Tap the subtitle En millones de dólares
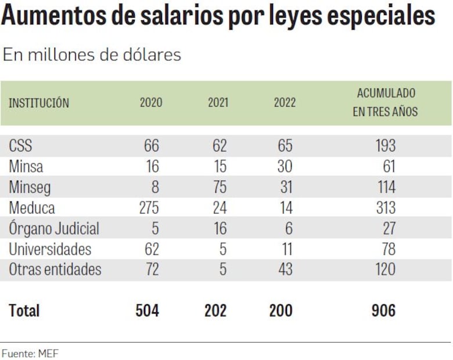coord(92,55)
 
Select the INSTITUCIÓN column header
coord(39,103)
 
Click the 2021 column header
coord(218,103)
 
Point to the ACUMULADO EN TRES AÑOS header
coord(385,102)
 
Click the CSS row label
coord(21,145)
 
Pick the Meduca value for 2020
coord(149,207)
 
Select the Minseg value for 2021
coord(220,187)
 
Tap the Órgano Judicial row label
coord(54,229)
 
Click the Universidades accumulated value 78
coord(389,249)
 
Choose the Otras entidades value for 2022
coord(285,269)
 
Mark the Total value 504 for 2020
coord(148,311)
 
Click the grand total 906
coord(383,311)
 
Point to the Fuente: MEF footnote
coord(30,352)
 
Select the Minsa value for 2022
coord(285,167)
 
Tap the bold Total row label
coord(24,311)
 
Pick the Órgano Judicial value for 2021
coord(220,228)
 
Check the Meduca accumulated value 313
coord(385,207)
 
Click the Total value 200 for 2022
coord(282,311)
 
